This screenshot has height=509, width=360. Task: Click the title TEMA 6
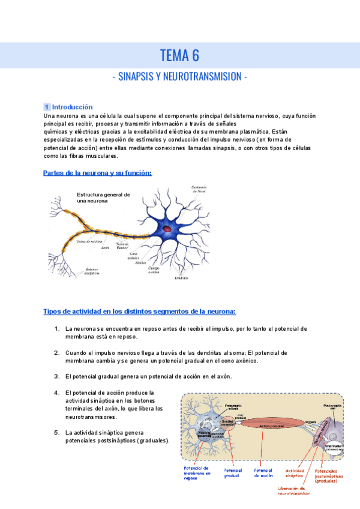179,56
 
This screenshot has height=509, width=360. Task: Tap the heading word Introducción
73,107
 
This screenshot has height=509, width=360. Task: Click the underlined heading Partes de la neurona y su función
98,173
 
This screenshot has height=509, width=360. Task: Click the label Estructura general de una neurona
103,198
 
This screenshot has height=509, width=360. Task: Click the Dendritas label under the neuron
182,278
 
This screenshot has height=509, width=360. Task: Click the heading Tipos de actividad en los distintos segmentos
140,312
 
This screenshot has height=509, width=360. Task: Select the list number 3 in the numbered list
56,376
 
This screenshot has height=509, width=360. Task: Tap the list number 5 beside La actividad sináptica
56,432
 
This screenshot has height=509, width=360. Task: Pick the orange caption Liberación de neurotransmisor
293,492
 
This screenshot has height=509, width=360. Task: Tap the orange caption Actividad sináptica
295,474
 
